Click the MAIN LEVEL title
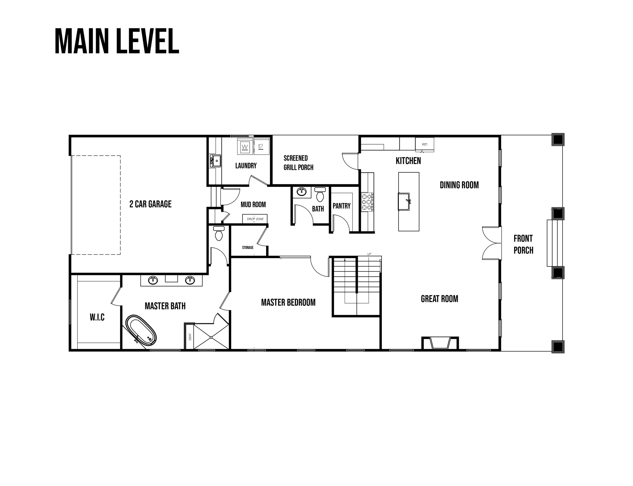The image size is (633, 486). [117, 41]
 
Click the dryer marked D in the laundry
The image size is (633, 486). [261, 146]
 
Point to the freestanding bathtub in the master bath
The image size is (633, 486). [141, 330]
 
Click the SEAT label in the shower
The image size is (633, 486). [190, 337]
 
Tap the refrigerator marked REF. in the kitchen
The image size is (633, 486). [424, 144]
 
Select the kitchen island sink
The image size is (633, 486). [404, 202]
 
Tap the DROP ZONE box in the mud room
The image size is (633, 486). [255, 219]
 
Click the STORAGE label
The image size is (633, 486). [248, 248]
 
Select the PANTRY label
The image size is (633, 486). [342, 206]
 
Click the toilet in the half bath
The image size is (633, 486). [320, 194]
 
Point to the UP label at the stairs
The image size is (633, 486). [369, 254]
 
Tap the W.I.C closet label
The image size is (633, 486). [97, 317]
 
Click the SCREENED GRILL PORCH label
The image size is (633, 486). [299, 163]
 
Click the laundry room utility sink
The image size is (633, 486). [215, 161]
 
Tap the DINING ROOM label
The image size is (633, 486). [459, 185]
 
